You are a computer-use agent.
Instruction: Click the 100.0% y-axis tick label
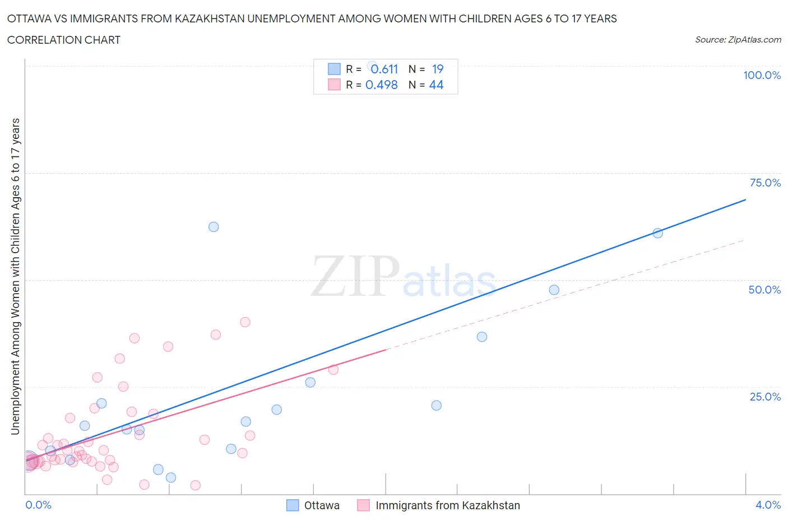coord(762,75)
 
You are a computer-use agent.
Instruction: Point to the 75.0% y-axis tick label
coord(765,183)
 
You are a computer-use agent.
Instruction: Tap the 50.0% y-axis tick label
coord(764,290)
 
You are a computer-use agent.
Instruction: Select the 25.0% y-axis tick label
coord(765,397)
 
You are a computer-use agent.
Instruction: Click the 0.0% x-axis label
coord(38,505)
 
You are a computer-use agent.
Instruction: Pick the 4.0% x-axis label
coord(768,505)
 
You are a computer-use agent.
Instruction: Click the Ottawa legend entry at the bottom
coord(321,505)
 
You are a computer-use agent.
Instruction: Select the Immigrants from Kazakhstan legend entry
coord(447,505)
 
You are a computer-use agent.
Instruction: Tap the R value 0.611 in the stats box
coord(384,69)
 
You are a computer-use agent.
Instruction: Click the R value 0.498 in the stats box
coord(381,85)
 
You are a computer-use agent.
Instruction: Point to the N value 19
coord(438,69)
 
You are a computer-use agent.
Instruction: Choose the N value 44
coord(436,85)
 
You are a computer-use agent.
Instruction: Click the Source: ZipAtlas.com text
coord(738,40)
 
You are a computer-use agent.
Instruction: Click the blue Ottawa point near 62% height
coord(214,227)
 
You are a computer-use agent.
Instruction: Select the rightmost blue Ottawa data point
coord(658,233)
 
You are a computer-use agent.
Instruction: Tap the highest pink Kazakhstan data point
coord(245,322)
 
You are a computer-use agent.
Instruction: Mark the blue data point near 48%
coord(554,290)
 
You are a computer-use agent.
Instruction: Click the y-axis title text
coord(16,277)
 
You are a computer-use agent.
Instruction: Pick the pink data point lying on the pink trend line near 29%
coord(333,370)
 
